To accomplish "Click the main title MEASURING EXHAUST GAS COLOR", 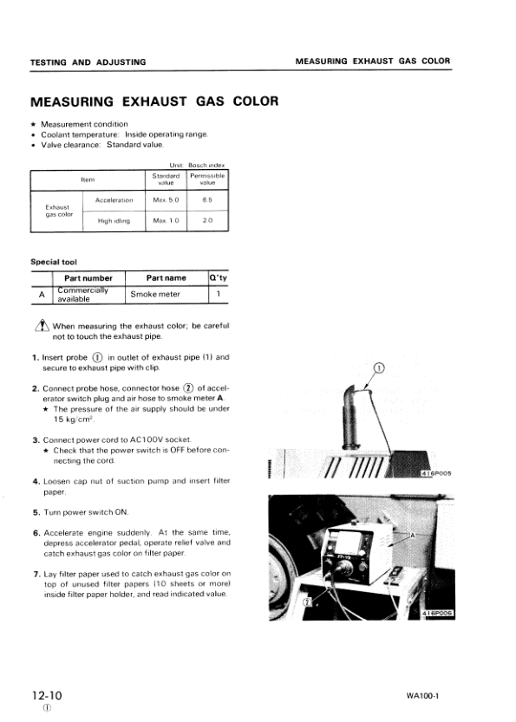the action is click(x=154, y=101).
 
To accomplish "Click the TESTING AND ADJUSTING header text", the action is click(x=88, y=62).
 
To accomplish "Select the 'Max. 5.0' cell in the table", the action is click(x=165, y=200).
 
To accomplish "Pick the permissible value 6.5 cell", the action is click(x=207, y=200).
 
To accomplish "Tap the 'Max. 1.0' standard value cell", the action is click(x=165, y=221).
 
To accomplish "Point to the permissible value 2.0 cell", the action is click(x=207, y=221).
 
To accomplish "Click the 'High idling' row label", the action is click(x=114, y=221).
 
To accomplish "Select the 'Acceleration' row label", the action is click(x=114, y=200).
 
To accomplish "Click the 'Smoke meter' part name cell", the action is click(x=155, y=295).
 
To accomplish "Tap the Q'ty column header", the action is click(x=219, y=278).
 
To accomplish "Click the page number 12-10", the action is click(x=46, y=695).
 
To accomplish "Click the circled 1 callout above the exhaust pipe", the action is click(x=378, y=368).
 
